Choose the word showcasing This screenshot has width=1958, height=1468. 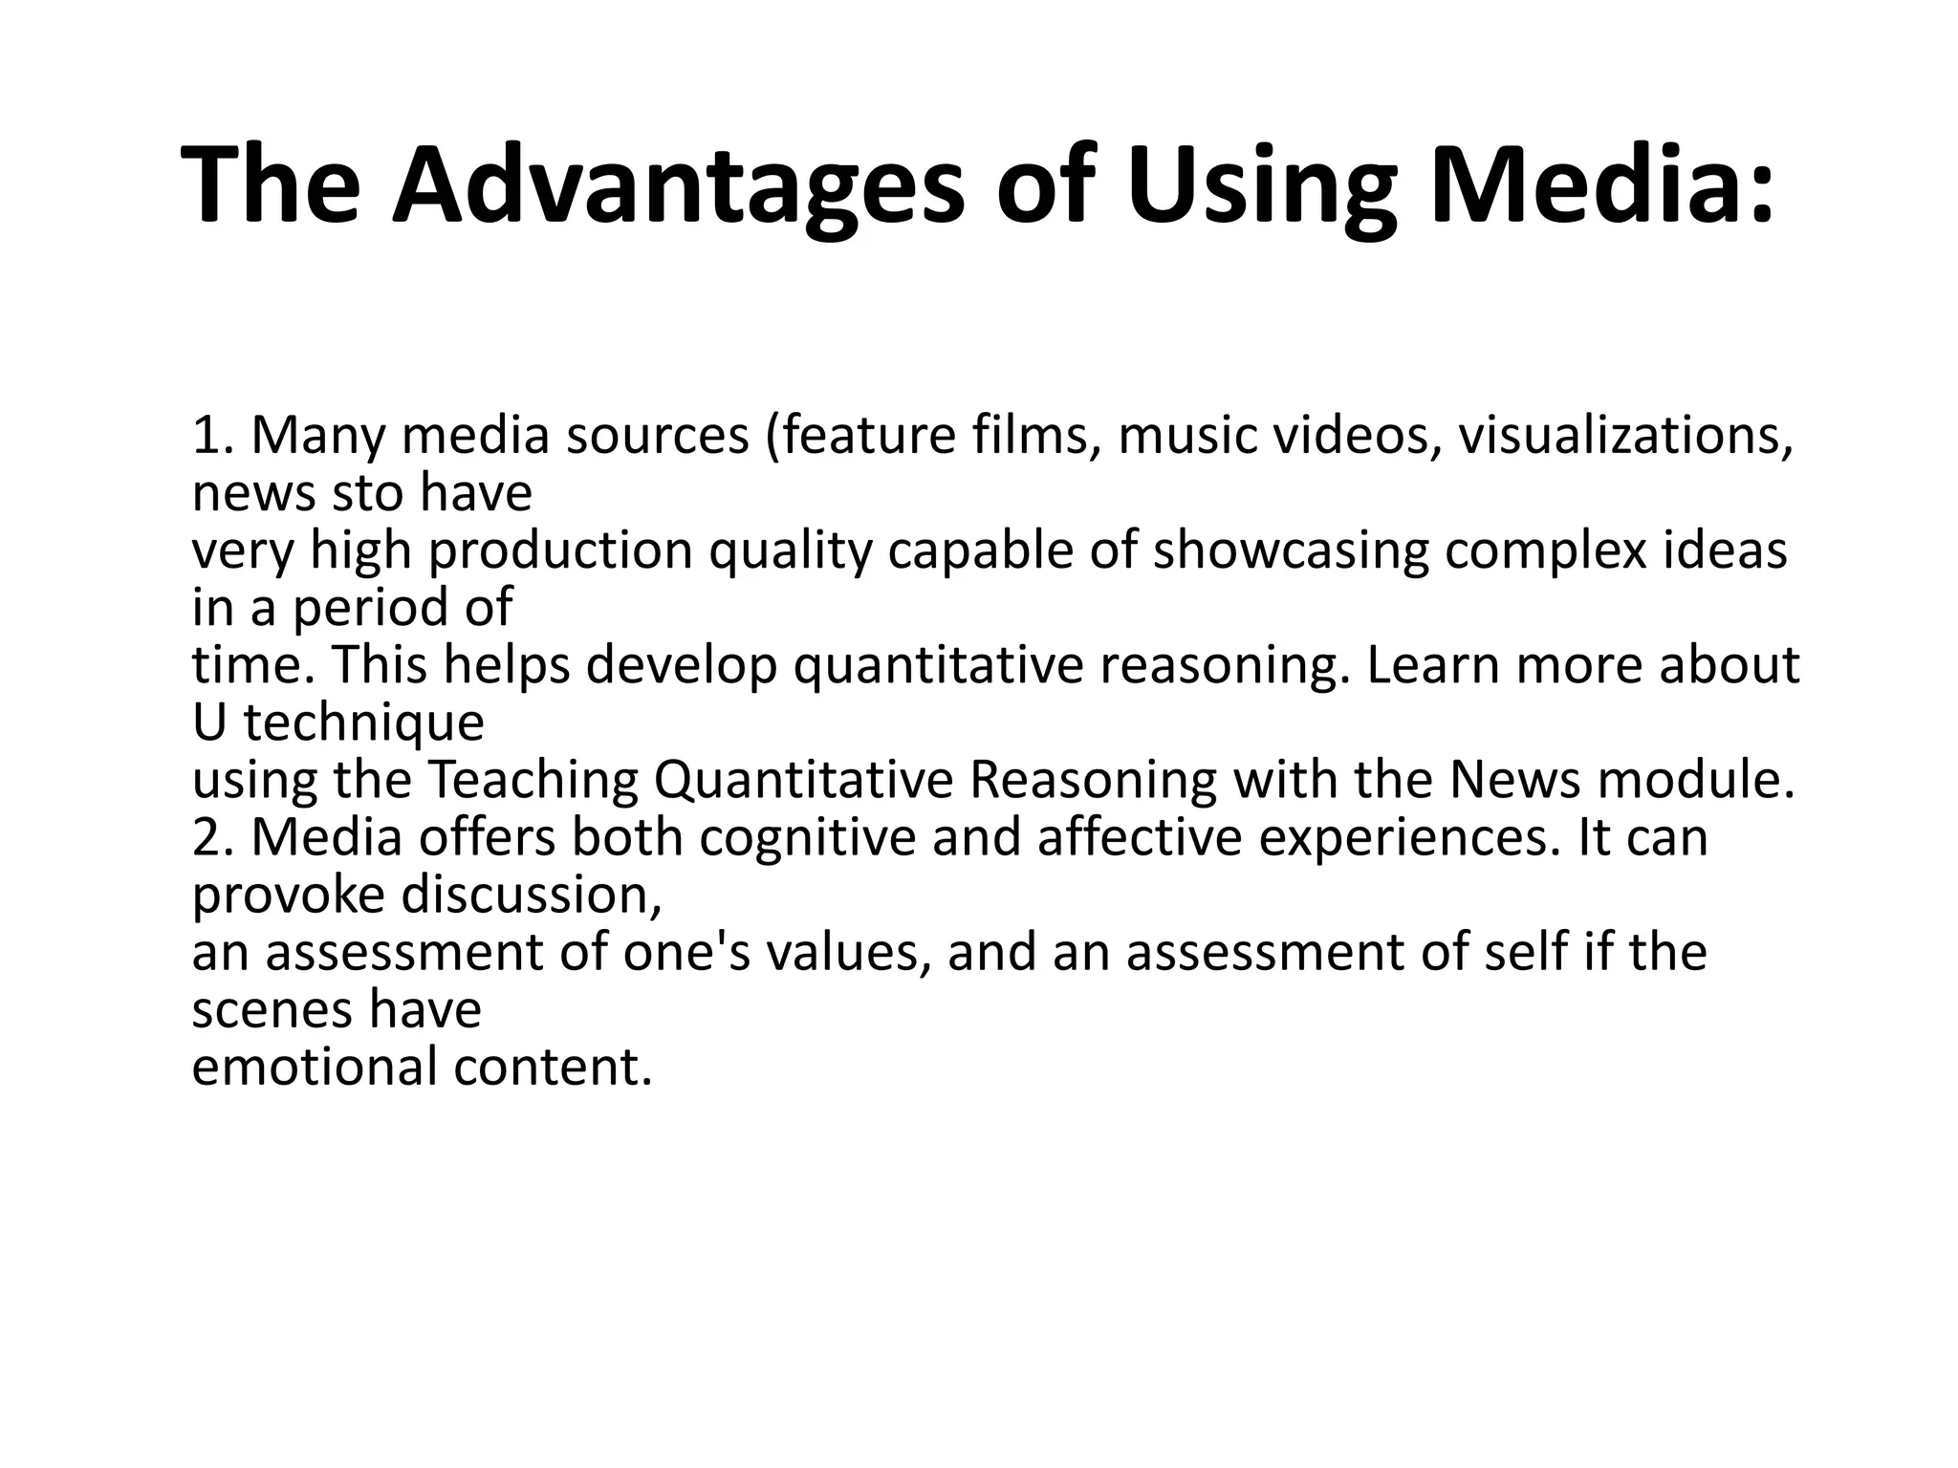click(x=1291, y=551)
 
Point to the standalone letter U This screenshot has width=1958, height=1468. click(x=208, y=723)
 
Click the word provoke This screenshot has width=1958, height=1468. click(x=288, y=896)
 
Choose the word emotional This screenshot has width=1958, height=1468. click(x=315, y=1068)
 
